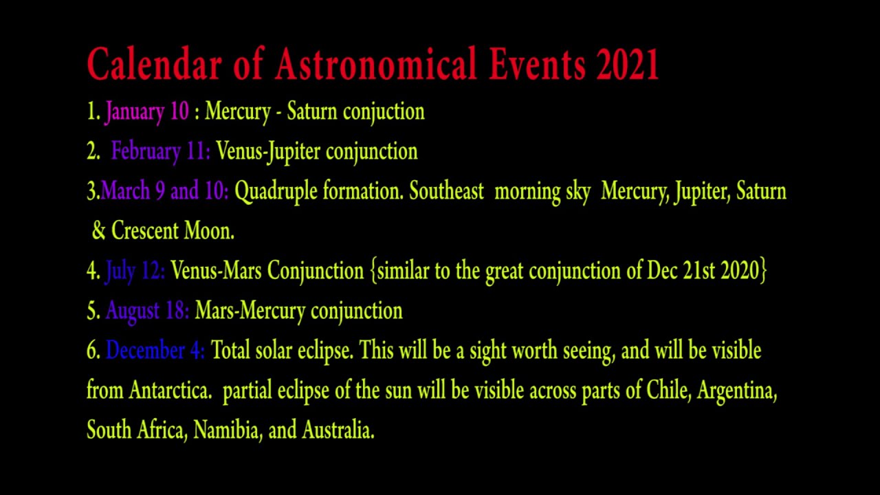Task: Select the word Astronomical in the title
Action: click(376, 65)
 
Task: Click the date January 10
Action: click(147, 111)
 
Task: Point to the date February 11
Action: click(161, 151)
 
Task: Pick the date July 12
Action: click(135, 271)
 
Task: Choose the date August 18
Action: click(147, 311)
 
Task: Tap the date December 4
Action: click(155, 351)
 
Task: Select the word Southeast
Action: click(447, 191)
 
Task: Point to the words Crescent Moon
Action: click(173, 231)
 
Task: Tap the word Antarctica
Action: click(170, 390)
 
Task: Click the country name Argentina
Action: click(737, 391)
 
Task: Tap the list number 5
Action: click(93, 311)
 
